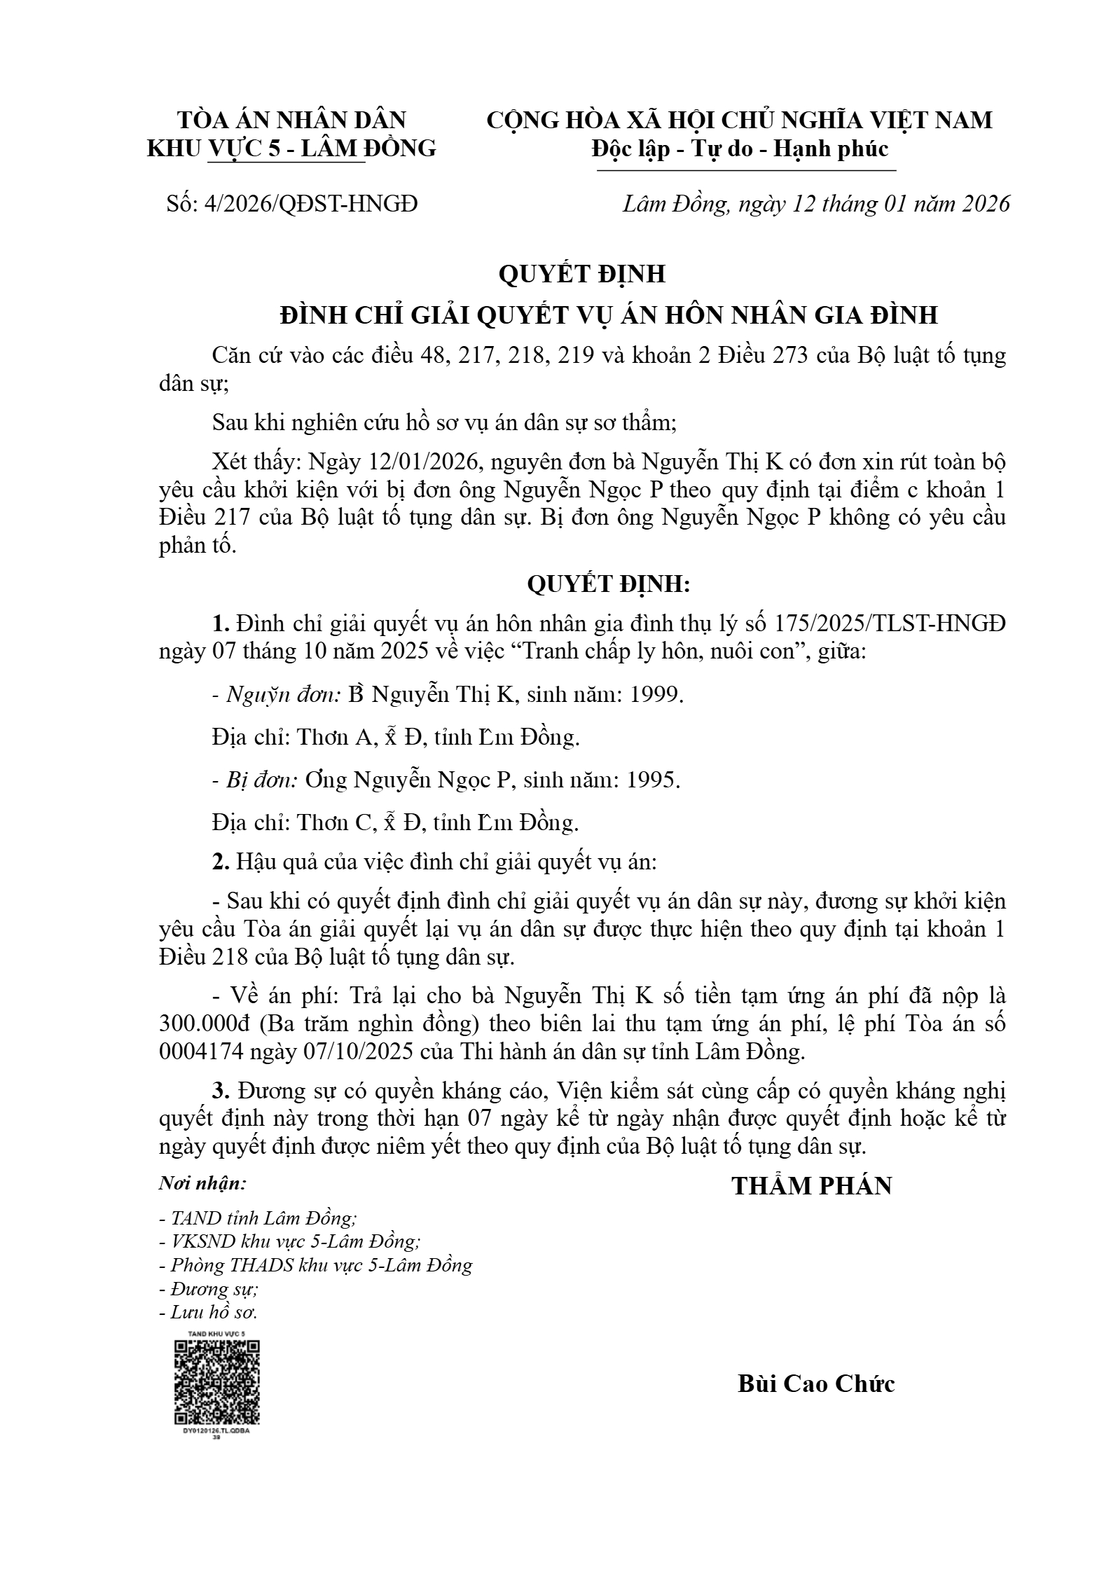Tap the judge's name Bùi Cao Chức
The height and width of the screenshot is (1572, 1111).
coord(816,1384)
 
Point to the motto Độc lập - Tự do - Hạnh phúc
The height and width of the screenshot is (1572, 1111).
coord(740,149)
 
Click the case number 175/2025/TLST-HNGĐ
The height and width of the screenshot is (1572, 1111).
coord(890,623)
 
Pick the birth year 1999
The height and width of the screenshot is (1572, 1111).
coord(656,695)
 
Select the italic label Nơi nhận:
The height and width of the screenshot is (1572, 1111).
coord(202,1184)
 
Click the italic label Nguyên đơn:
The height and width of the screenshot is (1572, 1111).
coord(283,695)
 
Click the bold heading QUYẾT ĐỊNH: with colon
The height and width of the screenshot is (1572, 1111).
coord(608,584)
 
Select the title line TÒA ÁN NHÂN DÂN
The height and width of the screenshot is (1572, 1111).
coord(291,120)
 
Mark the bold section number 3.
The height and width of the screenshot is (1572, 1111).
coord(221,1091)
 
